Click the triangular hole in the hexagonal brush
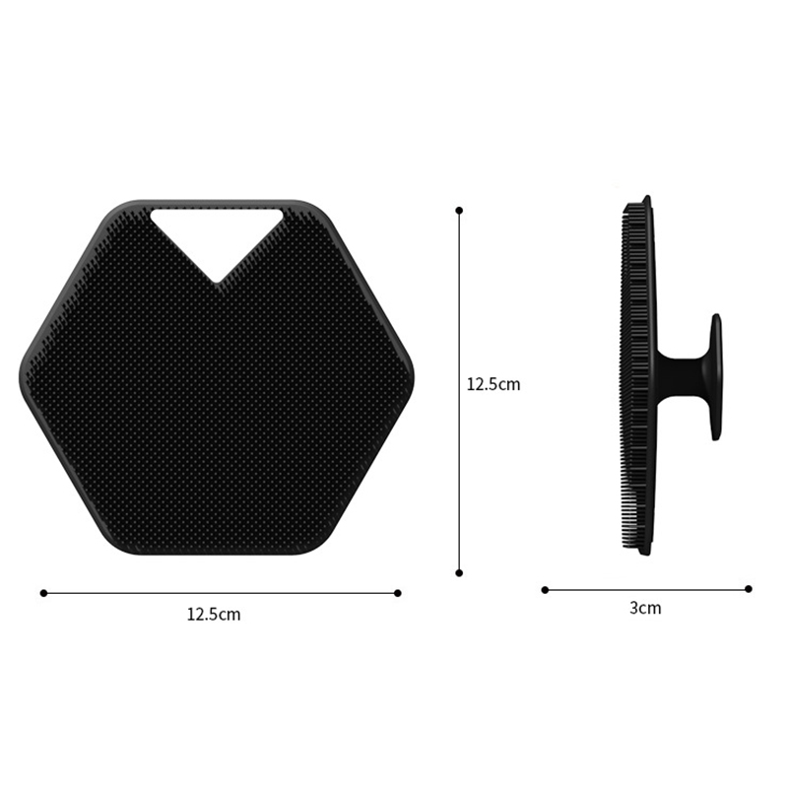(217, 232)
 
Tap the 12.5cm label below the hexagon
(214, 615)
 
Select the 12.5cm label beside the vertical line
(492, 384)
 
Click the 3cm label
(645, 608)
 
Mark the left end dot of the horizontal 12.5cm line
(43, 593)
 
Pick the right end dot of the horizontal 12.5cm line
(397, 593)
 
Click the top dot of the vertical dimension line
(459, 210)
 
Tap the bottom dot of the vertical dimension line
(459, 571)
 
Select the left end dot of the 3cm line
(545, 589)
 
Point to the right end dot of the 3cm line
(749, 589)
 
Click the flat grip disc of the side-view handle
(715, 376)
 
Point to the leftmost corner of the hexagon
(22, 376)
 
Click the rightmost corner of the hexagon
(412, 376)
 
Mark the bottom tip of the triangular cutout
(218, 281)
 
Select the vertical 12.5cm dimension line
(459, 295)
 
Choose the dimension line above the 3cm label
(646, 589)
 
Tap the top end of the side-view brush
(645, 200)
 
